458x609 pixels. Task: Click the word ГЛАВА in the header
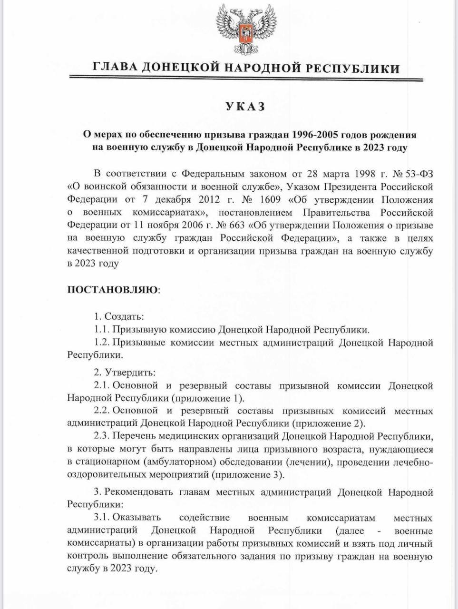pyautogui.click(x=114, y=68)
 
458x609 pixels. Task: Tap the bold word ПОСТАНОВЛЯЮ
pyautogui.click(x=113, y=290)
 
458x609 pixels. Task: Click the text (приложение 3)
pyautogui.click(x=247, y=475)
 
